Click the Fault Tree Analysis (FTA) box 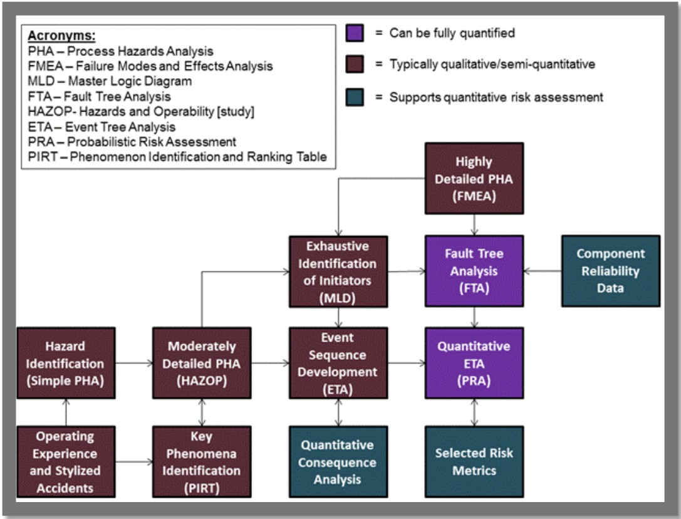pos(474,271)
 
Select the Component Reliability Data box pos(611,271)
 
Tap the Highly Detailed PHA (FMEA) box pos(474,178)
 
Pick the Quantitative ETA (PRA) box pos(474,363)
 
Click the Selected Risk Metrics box pos(474,461)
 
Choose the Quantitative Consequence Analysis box pos(338,461)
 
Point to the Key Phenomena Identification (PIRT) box pos(202,461)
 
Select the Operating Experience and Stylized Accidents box pos(66,461)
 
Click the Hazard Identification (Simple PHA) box pos(66,363)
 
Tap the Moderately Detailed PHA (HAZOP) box pos(202,363)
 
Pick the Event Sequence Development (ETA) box pos(338,363)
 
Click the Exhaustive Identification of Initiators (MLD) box pos(338,271)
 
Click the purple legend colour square pos(355,33)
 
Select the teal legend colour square pos(355,97)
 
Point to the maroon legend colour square pos(355,64)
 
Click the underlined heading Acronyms pos(61,36)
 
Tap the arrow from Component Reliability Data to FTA pos(543,271)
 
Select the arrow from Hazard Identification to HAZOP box pos(134,363)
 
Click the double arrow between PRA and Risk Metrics pos(474,412)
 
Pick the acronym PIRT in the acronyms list pos(42,157)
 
